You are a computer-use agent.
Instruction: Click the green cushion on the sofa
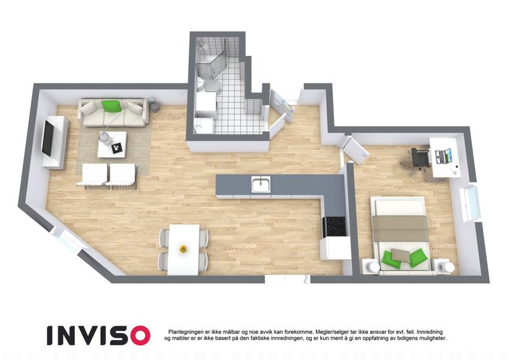tap(111, 106)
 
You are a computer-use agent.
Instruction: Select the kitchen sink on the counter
tap(261, 184)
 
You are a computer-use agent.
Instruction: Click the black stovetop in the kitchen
tap(335, 226)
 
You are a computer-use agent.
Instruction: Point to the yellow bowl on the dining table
tap(183, 249)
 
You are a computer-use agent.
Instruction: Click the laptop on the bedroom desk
tap(443, 156)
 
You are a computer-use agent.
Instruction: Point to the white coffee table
tap(112, 145)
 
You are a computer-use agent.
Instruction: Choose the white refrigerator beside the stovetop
tap(335, 248)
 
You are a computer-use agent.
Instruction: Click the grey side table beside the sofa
tap(155, 105)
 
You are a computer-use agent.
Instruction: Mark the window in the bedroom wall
tap(470, 203)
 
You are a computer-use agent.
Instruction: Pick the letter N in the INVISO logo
tap(68, 335)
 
